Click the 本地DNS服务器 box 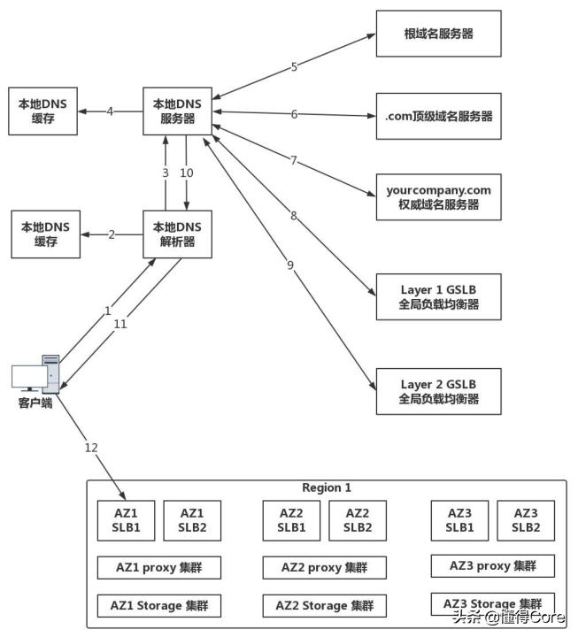178,111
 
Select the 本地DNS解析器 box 178,234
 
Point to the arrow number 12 91,448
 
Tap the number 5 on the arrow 295,65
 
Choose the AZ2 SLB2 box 357,520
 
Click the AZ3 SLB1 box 459,519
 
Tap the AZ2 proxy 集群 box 324,567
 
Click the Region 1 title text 327,487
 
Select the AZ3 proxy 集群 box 492,565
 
